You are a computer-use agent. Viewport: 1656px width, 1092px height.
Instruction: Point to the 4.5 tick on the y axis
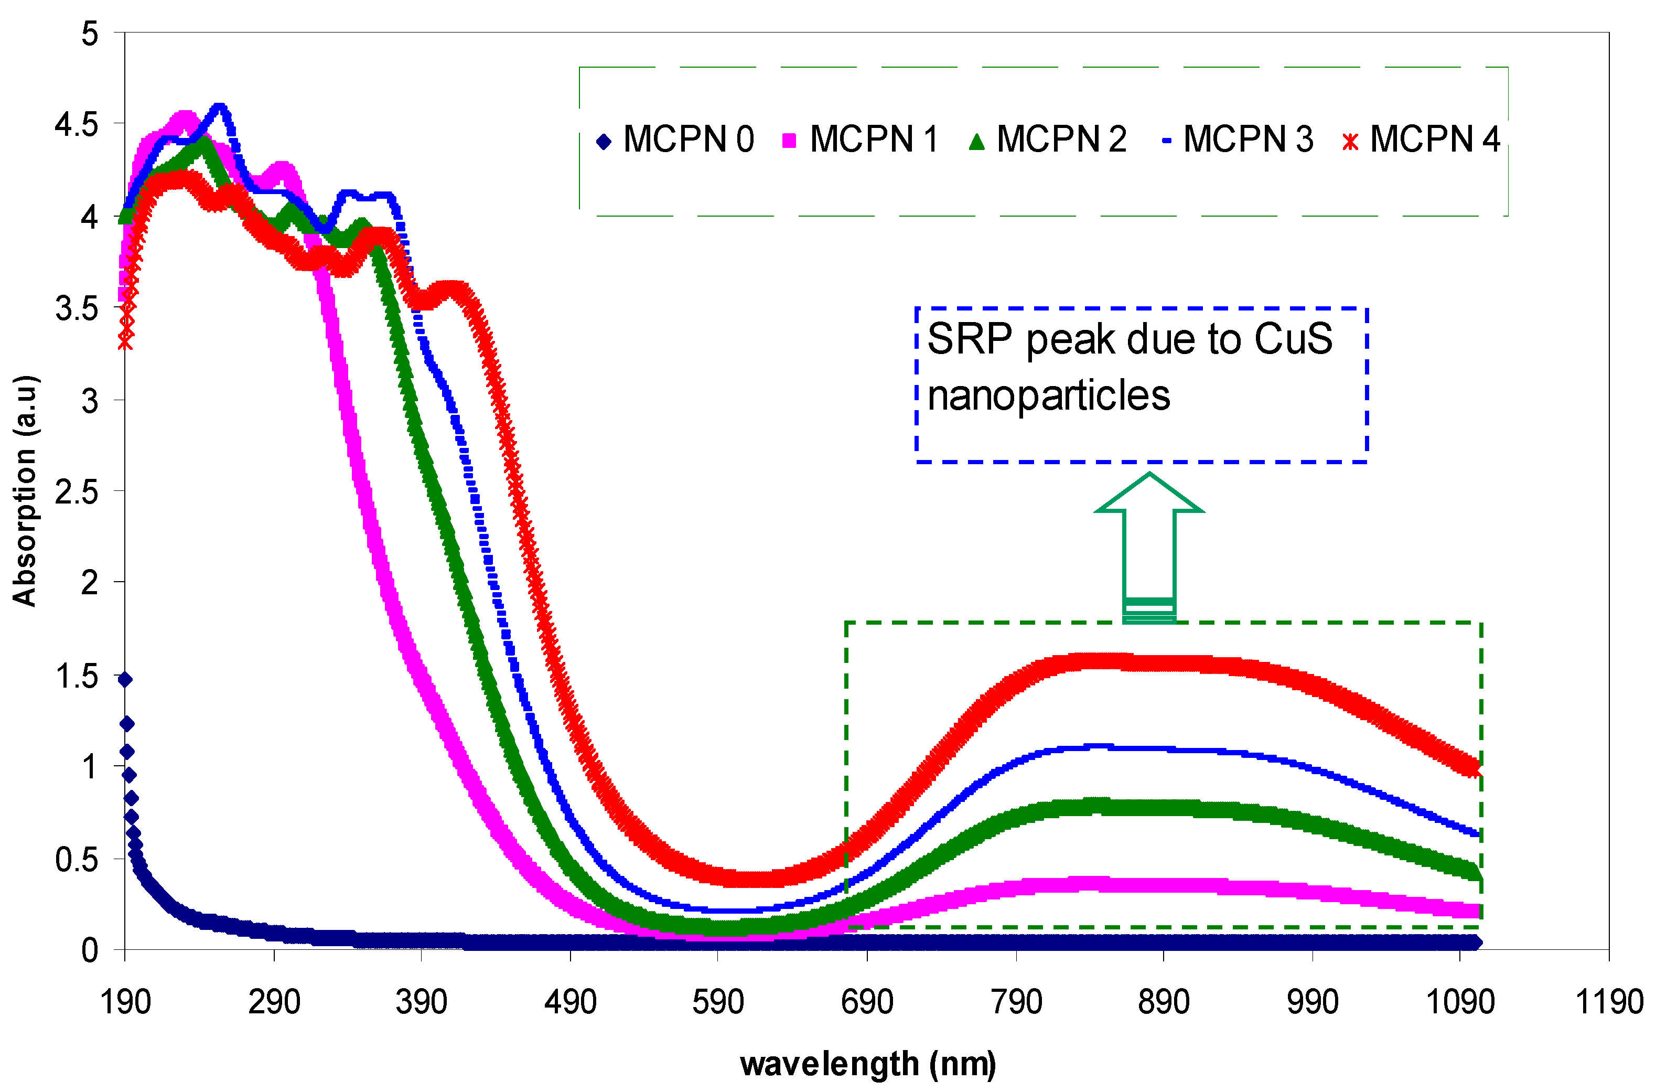click(77, 125)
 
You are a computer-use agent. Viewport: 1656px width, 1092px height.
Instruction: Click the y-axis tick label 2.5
click(77, 493)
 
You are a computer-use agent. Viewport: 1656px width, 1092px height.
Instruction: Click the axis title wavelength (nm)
click(867, 1064)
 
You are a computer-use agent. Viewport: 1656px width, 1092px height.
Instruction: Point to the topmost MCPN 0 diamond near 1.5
click(125, 680)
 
